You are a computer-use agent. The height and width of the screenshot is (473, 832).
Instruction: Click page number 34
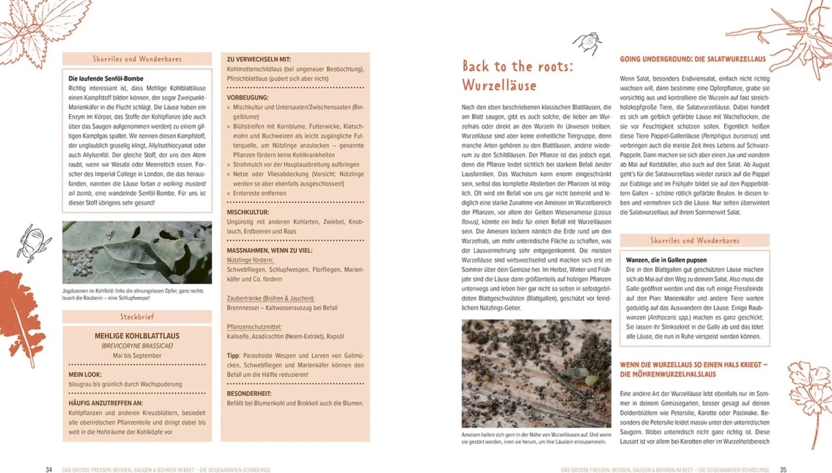click(49, 470)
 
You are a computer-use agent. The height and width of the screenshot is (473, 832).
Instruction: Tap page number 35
click(783, 470)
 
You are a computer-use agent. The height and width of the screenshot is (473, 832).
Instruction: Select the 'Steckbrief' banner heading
click(137, 317)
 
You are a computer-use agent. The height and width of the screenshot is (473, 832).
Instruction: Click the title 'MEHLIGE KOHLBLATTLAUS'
click(137, 336)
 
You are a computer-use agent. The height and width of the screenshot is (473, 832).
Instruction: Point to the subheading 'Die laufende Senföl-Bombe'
click(106, 79)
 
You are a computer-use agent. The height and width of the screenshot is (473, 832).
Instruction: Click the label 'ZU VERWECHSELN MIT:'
click(258, 59)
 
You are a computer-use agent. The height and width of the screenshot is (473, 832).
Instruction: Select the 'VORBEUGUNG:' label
click(247, 98)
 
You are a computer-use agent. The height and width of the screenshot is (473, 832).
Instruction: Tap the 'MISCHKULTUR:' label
click(248, 212)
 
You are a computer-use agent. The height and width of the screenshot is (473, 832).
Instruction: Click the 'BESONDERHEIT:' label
click(249, 394)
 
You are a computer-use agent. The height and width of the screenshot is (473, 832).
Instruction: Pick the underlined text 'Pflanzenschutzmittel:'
click(254, 327)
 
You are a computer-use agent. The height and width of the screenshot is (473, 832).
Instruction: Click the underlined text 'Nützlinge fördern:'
click(250, 260)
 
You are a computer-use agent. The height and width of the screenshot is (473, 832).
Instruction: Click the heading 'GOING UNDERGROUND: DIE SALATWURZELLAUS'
click(692, 59)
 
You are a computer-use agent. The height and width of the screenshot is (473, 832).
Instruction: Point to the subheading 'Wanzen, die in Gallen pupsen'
click(666, 260)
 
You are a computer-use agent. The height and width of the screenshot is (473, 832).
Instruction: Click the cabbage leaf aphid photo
click(137, 253)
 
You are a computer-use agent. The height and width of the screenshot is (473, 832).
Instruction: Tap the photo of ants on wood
click(536, 373)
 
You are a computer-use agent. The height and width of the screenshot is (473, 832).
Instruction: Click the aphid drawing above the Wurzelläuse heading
click(588, 43)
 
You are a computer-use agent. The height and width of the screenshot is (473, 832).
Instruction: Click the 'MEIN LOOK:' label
click(85, 375)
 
